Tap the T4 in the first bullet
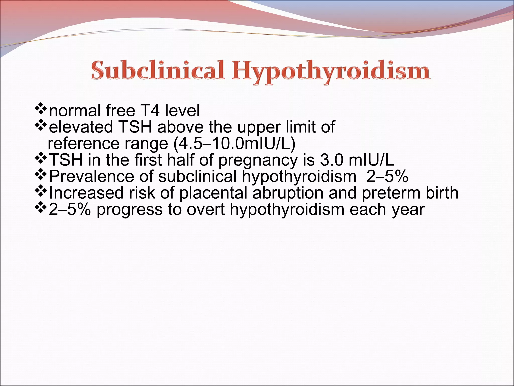[151, 111]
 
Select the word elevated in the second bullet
[81, 127]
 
